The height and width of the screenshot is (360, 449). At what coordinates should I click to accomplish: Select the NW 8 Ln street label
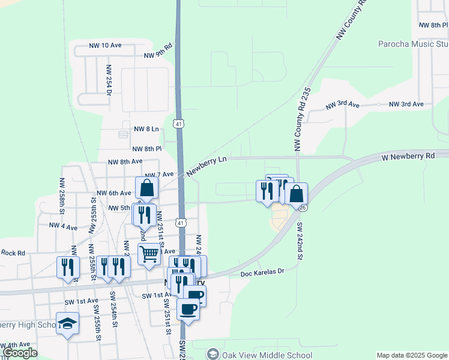click(146, 129)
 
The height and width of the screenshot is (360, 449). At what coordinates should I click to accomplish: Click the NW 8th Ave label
click(125, 161)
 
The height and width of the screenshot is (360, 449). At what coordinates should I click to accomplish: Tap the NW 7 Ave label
click(159, 175)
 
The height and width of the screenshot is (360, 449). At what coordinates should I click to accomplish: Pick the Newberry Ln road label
click(206, 166)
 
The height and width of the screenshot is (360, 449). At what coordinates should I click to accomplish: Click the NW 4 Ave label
click(63, 226)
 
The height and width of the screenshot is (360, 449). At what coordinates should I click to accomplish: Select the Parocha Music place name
click(413, 44)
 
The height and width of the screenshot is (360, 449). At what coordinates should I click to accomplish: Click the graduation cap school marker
click(67, 324)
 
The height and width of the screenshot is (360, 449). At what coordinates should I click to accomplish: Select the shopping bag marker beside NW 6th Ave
click(146, 188)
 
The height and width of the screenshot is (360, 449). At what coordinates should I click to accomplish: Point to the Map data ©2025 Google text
click(412, 355)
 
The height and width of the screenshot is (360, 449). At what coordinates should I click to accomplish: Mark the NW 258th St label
click(62, 196)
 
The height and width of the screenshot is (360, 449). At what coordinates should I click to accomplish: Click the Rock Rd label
click(13, 253)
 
